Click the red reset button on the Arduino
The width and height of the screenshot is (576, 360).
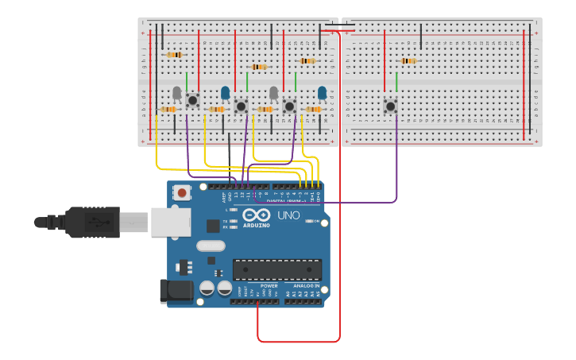tap(183, 192)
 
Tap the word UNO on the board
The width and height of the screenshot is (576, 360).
tap(288, 215)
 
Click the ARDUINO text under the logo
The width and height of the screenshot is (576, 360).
tap(257, 225)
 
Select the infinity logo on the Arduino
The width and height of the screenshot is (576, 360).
tap(257, 215)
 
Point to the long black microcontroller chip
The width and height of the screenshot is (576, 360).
tap(277, 269)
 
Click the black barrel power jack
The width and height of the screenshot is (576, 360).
tap(176, 291)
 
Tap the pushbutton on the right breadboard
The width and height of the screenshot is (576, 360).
tap(390, 106)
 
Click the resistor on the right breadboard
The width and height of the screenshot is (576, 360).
tap(408, 60)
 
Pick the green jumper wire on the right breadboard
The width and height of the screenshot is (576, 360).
tap(396, 82)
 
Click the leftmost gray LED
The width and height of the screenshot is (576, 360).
tap(176, 93)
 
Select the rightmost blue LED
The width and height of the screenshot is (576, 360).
tap(322, 93)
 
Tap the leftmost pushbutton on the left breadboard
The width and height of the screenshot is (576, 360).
tap(192, 100)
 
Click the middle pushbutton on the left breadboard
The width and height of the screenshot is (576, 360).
tap(241, 106)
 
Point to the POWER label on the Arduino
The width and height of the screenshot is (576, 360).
tap(269, 285)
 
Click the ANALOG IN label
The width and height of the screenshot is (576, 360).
tap(307, 285)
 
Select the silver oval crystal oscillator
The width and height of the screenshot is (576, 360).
tap(211, 246)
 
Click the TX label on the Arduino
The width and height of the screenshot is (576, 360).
tap(225, 221)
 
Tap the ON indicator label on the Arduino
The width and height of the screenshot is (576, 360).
tap(315, 221)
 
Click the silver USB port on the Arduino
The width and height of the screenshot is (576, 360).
tap(170, 222)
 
